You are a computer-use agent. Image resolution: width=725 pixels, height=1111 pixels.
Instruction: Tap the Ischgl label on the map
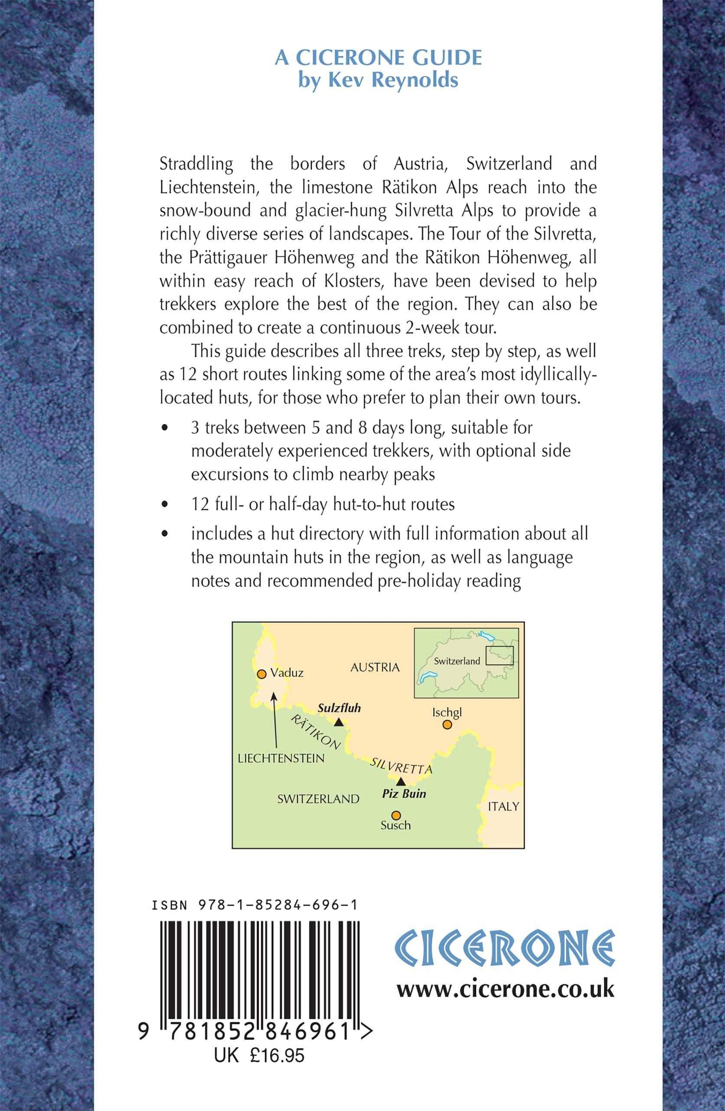[446, 712]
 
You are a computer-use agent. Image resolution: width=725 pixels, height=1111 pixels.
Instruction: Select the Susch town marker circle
[396, 815]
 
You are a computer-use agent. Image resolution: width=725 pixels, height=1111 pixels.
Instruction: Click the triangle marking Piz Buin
[401, 781]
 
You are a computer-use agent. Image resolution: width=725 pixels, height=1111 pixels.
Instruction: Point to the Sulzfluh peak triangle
[339, 722]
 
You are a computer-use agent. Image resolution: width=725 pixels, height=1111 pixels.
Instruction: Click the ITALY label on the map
[503, 806]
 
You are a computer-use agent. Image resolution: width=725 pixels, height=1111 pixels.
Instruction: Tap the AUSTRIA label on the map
[375, 667]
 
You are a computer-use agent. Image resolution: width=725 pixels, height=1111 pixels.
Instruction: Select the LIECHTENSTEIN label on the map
[281, 758]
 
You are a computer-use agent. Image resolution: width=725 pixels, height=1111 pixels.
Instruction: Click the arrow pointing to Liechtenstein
[275, 721]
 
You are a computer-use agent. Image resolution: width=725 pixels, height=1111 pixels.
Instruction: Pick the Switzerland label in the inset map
[456, 661]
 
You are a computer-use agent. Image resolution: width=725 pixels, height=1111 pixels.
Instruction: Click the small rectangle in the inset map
[499, 655]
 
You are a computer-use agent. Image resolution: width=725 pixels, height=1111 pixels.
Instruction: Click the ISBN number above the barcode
[255, 906]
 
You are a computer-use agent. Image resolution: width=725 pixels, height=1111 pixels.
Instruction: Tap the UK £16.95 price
[259, 1081]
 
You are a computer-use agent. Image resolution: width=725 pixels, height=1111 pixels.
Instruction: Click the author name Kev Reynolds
[378, 80]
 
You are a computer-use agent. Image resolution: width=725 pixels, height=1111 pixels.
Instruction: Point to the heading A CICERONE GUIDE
[378, 58]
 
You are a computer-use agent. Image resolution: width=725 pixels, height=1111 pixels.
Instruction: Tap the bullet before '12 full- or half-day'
[164, 505]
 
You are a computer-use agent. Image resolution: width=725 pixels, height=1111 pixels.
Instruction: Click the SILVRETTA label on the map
[401, 766]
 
